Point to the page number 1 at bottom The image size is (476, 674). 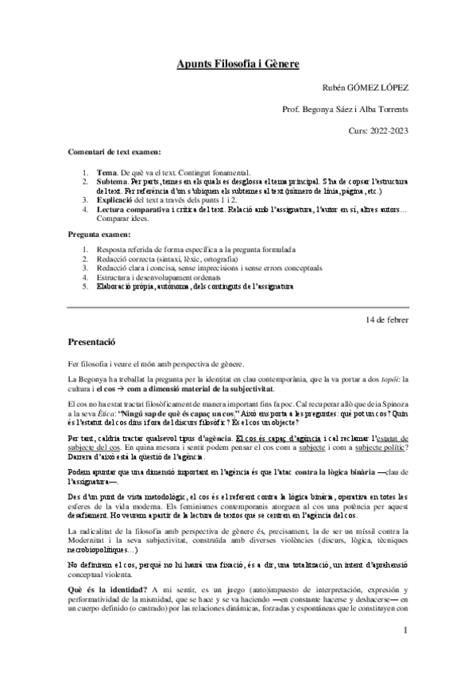point(405,653)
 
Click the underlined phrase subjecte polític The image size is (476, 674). point(381,447)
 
